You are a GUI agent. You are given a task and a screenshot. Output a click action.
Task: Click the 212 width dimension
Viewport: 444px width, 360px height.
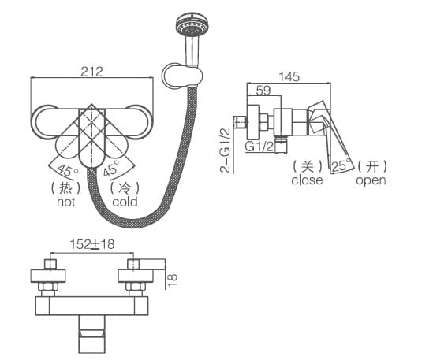pyautogui.click(x=91, y=71)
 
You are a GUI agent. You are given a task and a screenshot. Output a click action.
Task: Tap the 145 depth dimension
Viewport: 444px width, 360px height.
pyautogui.click(x=289, y=76)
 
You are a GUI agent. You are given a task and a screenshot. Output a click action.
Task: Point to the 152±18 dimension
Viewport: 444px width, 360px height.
pyautogui.click(x=91, y=244)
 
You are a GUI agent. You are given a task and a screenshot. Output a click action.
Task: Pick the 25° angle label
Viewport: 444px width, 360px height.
pyautogui.click(x=341, y=165)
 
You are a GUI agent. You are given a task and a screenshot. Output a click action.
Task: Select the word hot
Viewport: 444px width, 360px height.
pyautogui.click(x=65, y=202)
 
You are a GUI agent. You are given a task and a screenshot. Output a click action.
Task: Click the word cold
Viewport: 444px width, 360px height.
pyautogui.click(x=124, y=202)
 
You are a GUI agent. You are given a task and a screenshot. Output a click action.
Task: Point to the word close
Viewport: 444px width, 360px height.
pyautogui.click(x=307, y=180)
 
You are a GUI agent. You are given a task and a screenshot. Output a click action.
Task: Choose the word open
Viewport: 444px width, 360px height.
pyautogui.click(x=371, y=180)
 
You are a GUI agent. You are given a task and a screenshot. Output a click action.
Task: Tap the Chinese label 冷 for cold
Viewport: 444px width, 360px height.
pyautogui.click(x=124, y=187)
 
